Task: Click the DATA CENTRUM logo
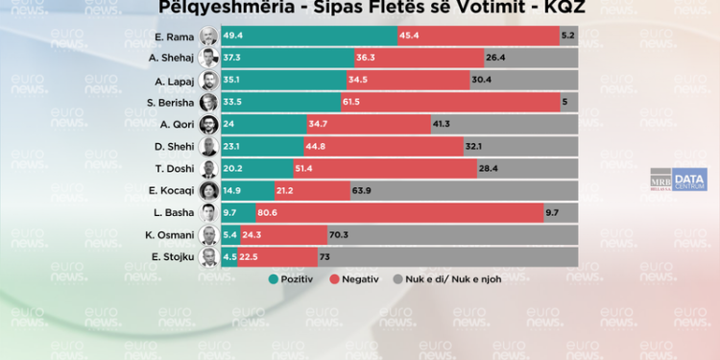tap(689, 180)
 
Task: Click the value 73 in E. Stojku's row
tap(324, 256)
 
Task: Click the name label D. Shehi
tap(176, 147)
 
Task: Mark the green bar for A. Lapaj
tap(284, 81)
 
